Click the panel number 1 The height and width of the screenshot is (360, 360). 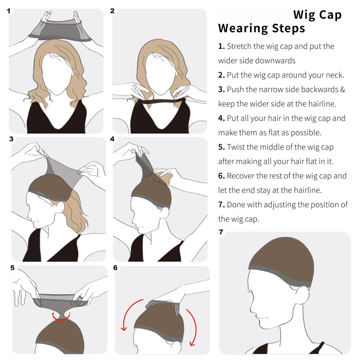click(x=9, y=11)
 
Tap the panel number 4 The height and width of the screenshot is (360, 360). click(x=112, y=139)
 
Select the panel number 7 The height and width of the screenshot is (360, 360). click(x=221, y=232)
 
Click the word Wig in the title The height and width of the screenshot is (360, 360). click(x=304, y=15)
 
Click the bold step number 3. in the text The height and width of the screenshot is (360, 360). click(x=221, y=90)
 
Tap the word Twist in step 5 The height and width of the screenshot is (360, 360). click(x=235, y=147)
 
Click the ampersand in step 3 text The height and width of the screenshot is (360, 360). click(x=343, y=90)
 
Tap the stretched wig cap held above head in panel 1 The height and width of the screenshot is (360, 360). click(x=60, y=31)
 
